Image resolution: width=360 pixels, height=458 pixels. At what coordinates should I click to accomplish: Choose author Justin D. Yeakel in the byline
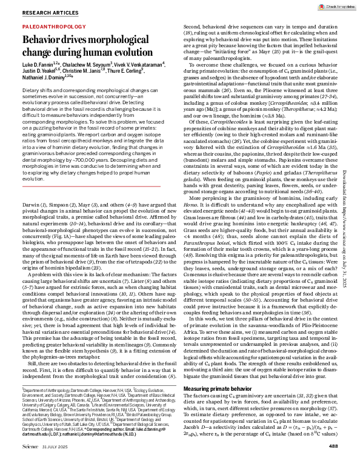tap(40, 71)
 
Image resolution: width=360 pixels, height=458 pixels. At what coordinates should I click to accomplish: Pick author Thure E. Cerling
tap(135, 71)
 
